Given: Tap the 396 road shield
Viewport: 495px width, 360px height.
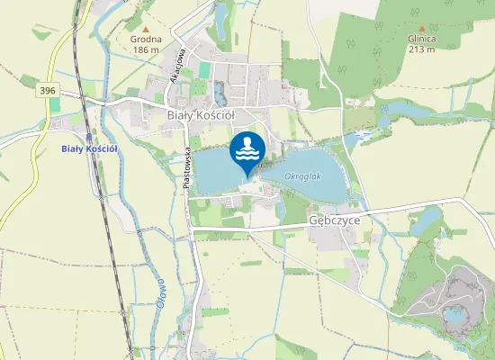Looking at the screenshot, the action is pos(48,91).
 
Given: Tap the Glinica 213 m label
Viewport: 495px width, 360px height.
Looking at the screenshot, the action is pos(420,44).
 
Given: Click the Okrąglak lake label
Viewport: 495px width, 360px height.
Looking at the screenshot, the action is pos(302,176).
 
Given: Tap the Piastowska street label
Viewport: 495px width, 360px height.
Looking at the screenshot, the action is pos(185,166).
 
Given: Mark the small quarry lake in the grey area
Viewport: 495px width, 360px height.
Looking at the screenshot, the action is pos(455,315).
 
